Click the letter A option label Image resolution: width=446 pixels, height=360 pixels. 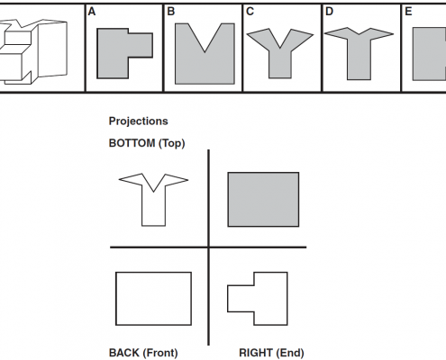(92, 12)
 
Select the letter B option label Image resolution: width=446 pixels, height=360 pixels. (171, 12)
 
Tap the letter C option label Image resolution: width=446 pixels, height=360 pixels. (250, 12)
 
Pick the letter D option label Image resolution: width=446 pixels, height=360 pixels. (329, 12)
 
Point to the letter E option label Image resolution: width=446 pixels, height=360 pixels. (408, 12)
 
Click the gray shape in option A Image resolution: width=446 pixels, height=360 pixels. (113, 54)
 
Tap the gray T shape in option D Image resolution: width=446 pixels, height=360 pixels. (359, 57)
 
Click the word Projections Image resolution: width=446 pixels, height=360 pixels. (138, 121)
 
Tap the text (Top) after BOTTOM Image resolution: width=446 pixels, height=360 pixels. (171, 143)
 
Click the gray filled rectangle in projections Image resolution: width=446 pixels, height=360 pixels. (263, 199)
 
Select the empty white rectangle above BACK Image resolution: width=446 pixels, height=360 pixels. (116, 299)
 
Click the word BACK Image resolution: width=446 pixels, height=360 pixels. (124, 353)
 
